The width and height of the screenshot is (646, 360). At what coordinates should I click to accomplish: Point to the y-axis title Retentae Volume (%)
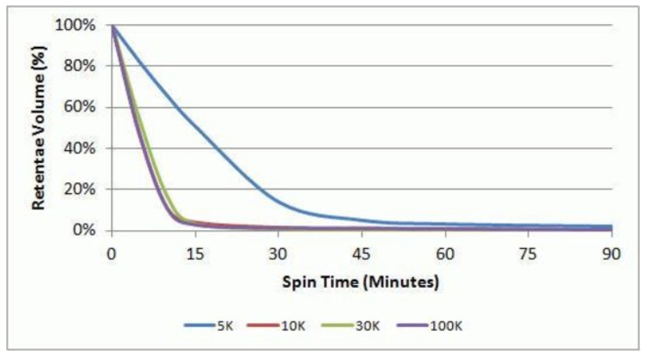click(38, 128)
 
